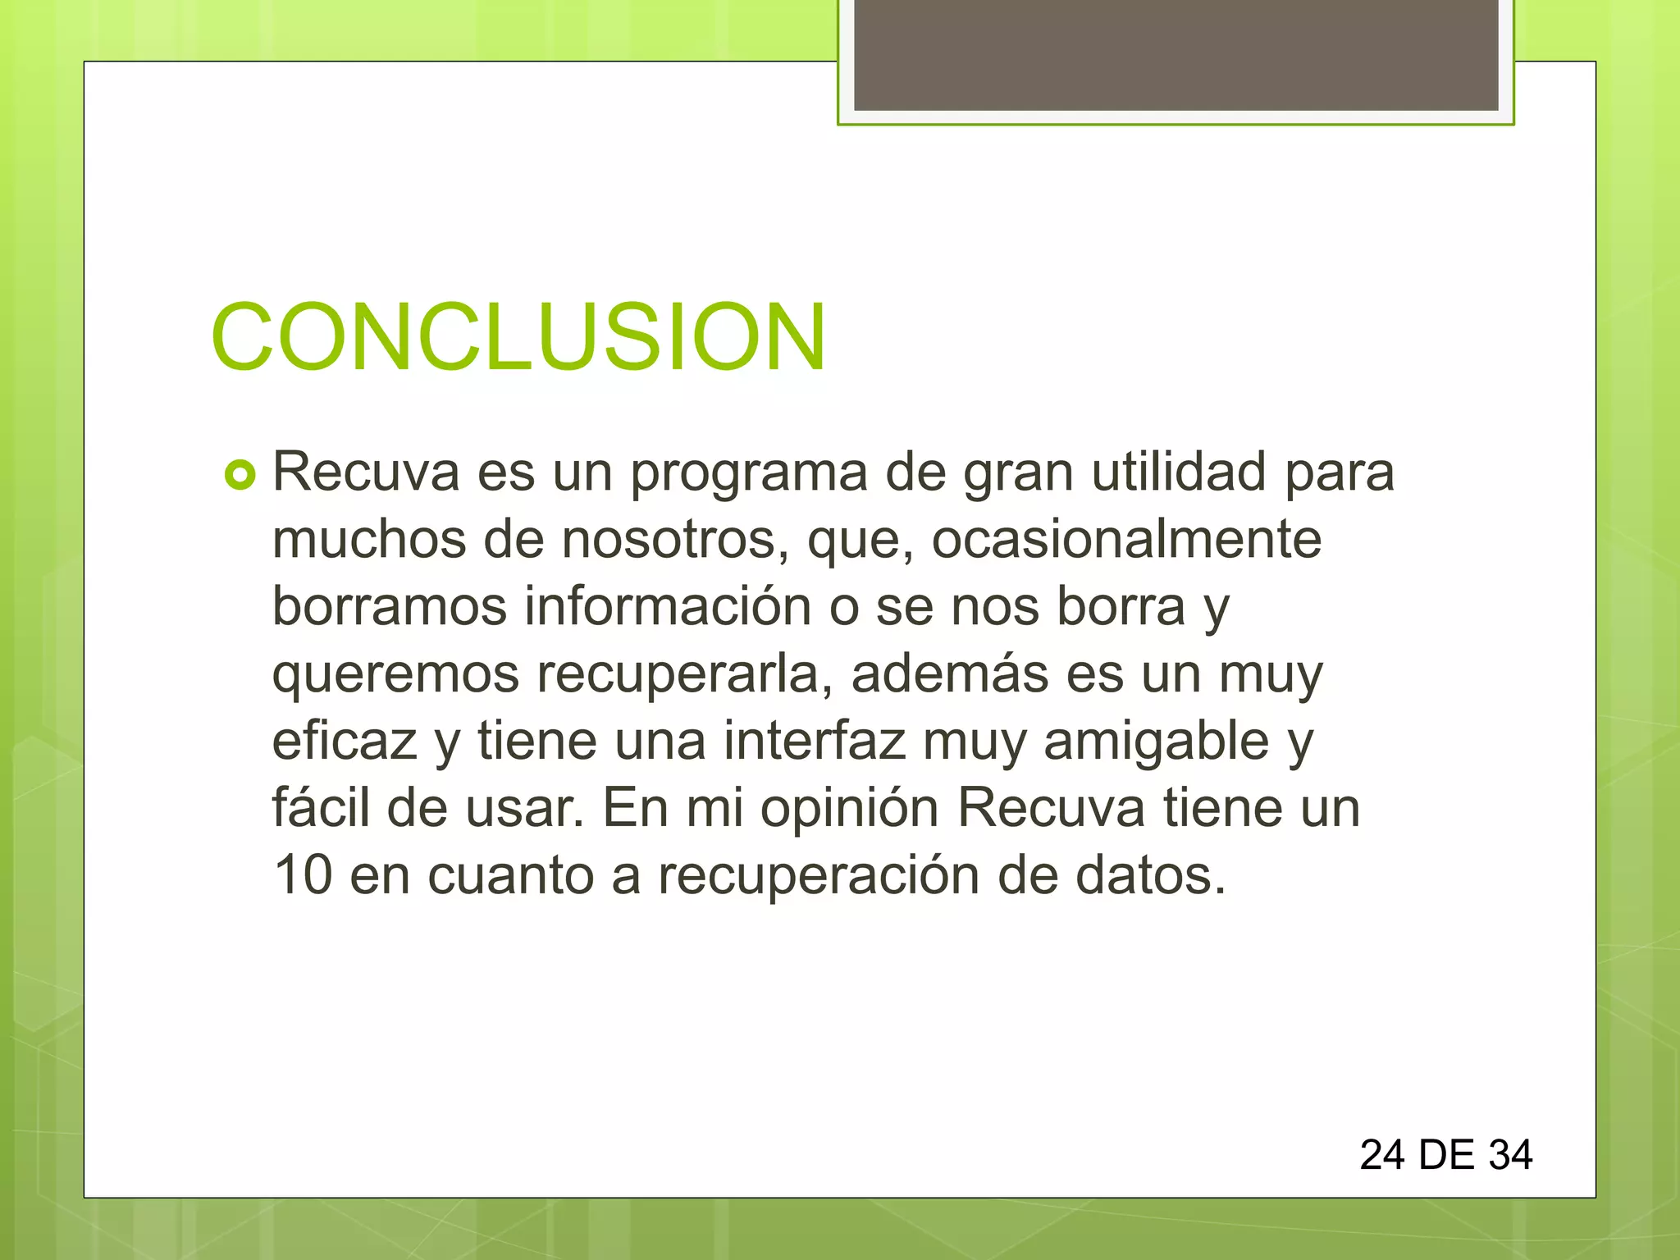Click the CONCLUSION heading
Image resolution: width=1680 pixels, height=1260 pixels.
518,337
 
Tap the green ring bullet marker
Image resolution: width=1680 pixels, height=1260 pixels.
240,475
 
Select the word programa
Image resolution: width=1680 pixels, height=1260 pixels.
748,474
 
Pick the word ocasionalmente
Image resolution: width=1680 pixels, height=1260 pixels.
1126,540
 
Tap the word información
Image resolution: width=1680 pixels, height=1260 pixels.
668,606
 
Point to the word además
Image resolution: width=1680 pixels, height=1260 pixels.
949,673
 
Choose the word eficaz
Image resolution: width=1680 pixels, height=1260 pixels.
345,741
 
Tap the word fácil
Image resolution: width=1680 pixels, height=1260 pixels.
321,807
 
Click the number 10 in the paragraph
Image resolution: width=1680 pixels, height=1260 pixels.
302,875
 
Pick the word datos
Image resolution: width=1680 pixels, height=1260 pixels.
1149,875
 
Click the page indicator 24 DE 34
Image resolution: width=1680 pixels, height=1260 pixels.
1445,1155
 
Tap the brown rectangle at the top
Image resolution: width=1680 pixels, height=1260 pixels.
1176,55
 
